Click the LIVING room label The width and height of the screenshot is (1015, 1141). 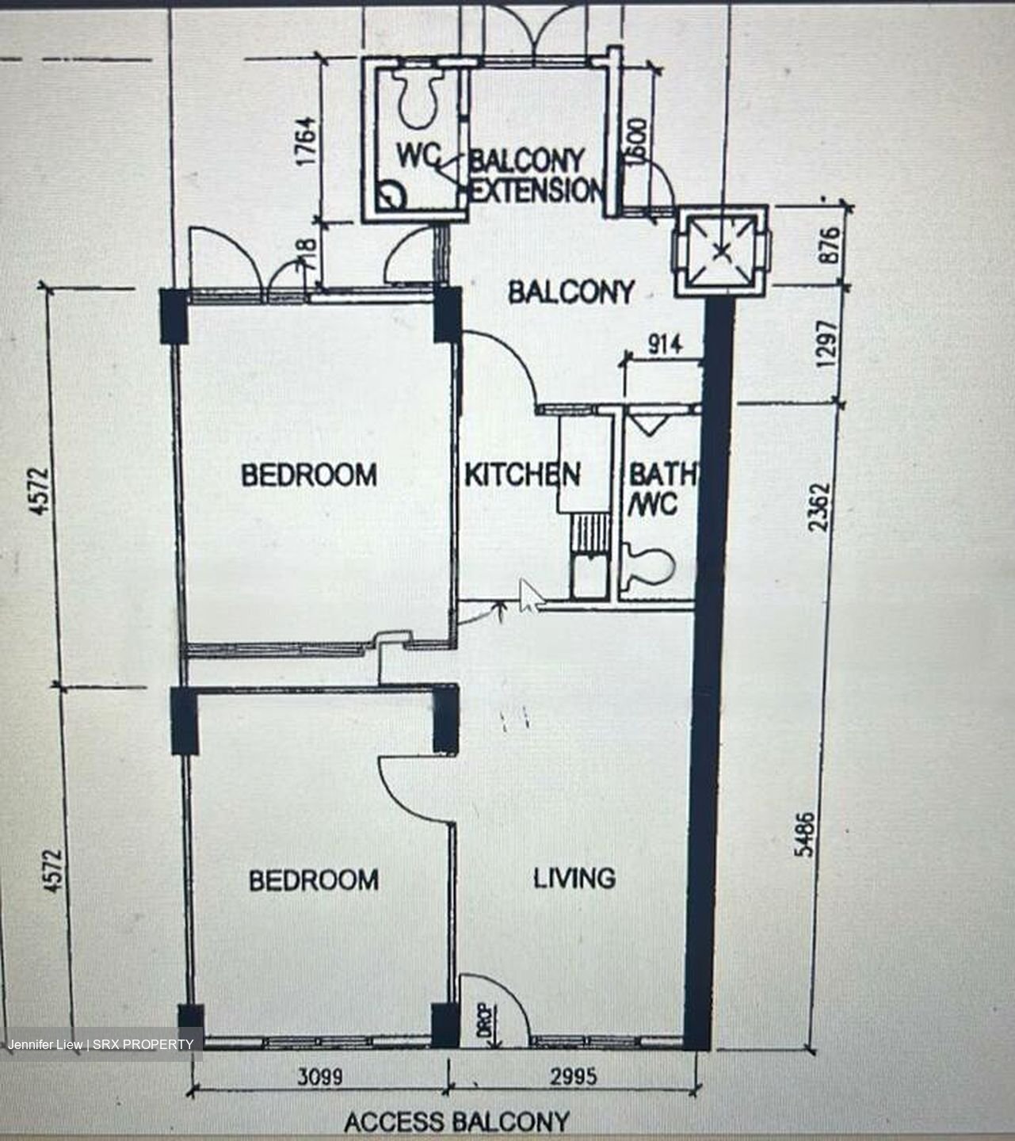coord(574,878)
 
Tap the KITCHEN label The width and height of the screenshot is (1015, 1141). coord(521,475)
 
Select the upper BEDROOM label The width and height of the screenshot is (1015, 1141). coord(309,475)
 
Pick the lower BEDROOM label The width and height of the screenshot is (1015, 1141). coord(313,880)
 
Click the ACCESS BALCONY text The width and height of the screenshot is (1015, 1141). coord(456,1122)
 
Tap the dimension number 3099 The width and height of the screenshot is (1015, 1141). coord(320,1077)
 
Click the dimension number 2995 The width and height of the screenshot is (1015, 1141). coord(574,1076)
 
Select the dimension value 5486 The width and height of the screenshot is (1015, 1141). coord(804,833)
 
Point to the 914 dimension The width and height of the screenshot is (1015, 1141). coord(664,345)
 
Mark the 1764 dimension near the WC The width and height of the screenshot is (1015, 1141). coord(304,141)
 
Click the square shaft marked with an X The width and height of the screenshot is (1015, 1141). coord(720,251)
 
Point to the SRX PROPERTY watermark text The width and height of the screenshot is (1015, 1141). coord(143,1044)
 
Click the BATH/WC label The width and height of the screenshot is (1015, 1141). coord(661,489)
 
